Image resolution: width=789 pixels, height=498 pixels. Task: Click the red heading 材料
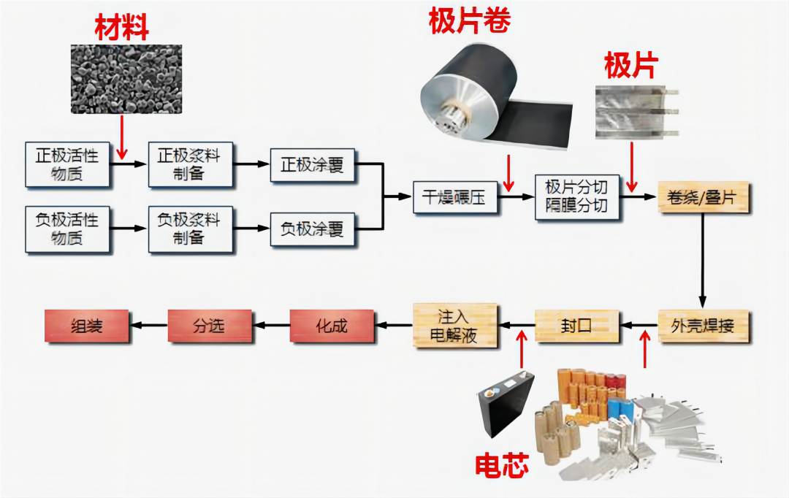[121, 28]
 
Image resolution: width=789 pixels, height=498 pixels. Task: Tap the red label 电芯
[502, 465]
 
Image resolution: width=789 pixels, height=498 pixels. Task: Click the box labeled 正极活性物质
[67, 165]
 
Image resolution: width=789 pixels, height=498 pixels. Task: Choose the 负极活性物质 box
[67, 229]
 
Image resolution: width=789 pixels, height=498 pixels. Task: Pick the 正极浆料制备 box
[189, 165]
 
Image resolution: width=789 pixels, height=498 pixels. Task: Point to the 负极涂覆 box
[312, 229]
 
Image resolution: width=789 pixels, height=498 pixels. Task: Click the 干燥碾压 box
[455, 196]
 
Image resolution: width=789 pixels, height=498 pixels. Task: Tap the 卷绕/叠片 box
[704, 196]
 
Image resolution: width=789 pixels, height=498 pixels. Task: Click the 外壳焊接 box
[704, 325]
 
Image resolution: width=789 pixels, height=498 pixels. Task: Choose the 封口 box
[576, 325]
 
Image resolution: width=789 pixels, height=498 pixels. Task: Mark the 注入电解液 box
[455, 325]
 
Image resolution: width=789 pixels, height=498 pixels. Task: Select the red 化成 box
[332, 325]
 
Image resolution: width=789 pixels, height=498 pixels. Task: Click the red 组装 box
[85, 325]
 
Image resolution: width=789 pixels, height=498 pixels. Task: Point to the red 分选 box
[209, 325]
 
